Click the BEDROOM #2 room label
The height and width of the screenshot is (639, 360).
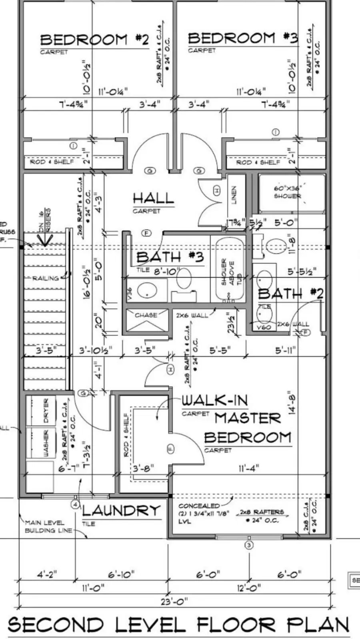point(94,39)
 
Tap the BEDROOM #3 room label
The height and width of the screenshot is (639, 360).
point(242,38)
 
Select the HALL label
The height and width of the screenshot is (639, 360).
point(153,198)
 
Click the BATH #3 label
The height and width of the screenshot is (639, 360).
point(170,257)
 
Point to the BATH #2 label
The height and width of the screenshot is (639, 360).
point(290,294)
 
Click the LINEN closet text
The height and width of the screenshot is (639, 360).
point(234,195)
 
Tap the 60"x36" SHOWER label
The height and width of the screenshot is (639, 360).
point(287,192)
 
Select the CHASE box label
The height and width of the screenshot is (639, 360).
point(146,315)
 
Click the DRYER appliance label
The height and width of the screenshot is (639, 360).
point(46,411)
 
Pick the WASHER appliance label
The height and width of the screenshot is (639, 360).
point(46,443)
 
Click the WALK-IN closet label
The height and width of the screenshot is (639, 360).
point(215,400)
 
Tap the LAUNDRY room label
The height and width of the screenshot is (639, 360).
point(121,511)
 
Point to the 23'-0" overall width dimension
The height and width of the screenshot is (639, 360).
point(174,601)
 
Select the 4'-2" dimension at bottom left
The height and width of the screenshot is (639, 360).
point(47,575)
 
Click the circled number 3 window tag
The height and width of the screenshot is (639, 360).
point(249,545)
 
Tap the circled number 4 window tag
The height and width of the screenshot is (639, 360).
point(76,505)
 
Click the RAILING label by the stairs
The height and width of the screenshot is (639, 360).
point(45,278)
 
